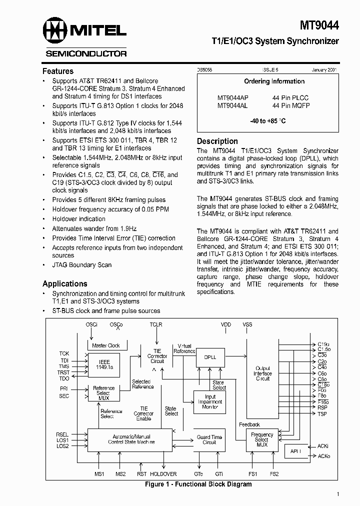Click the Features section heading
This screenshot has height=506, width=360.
coord(58,71)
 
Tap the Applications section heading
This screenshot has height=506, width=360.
coord(65,283)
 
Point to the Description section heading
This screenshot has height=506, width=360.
coord(217,141)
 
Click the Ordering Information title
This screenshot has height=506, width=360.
coord(274,81)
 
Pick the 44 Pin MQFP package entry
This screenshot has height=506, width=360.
coord(291,106)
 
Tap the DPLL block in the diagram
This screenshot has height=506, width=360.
coord(210,357)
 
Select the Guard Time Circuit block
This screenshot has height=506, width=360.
coord(209,440)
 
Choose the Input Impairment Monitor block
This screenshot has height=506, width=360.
coord(210,401)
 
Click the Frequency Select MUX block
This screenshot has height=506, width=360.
coord(262,440)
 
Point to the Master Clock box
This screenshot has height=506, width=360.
coord(106,345)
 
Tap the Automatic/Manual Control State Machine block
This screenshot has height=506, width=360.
coord(129,439)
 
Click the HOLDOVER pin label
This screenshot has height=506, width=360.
coord(163,474)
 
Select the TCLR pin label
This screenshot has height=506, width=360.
coord(156,324)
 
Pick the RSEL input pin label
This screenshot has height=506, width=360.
coord(62,434)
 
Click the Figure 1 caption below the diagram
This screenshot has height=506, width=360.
coord(198,484)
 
